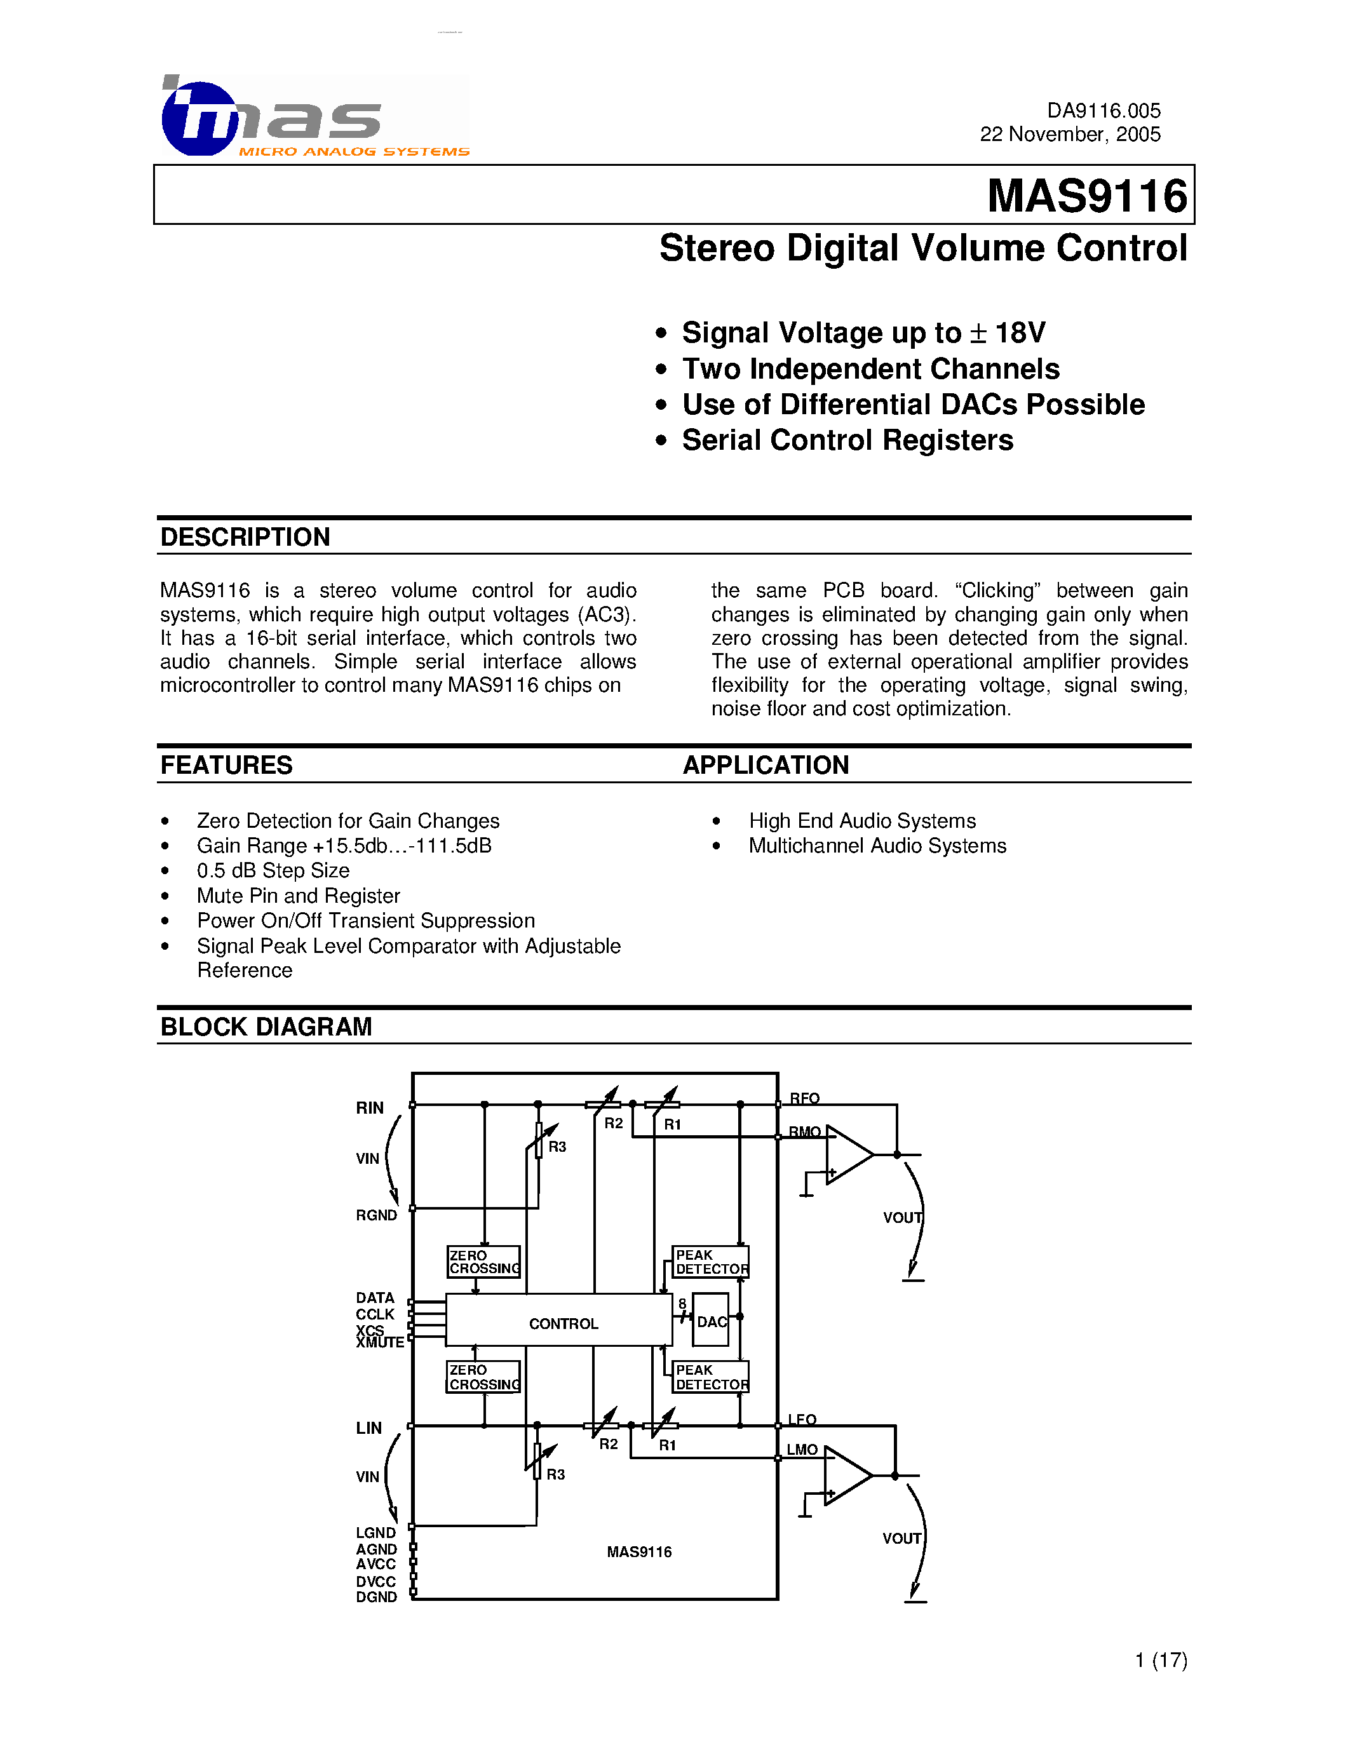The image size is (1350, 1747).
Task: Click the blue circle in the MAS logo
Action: [x=198, y=118]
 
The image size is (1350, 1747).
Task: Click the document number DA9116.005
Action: [x=1103, y=111]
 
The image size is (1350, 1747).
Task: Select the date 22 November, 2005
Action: [x=1069, y=135]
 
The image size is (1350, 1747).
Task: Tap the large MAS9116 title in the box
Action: [x=1087, y=196]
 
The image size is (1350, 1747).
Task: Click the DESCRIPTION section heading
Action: [x=245, y=537]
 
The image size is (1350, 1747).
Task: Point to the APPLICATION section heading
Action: [x=766, y=766]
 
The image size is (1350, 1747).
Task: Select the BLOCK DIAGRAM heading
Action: [x=266, y=1027]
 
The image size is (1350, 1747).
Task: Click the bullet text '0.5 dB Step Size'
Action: [x=273, y=870]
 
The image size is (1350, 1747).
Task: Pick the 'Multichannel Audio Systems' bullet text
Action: [x=877, y=846]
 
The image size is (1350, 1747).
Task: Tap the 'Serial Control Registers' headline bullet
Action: [x=847, y=440]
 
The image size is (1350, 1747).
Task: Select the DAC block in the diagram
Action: [x=711, y=1322]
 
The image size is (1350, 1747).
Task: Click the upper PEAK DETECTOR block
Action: [x=711, y=1262]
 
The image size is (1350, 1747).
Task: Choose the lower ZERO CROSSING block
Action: [x=483, y=1377]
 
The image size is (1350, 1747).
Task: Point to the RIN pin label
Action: [x=370, y=1108]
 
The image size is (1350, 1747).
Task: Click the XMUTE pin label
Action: [x=380, y=1343]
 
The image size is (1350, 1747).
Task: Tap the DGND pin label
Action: [x=376, y=1598]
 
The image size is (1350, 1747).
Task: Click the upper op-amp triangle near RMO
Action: [x=846, y=1154]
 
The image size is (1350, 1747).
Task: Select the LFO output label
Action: [x=801, y=1420]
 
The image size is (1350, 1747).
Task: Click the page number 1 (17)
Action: [x=1161, y=1660]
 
